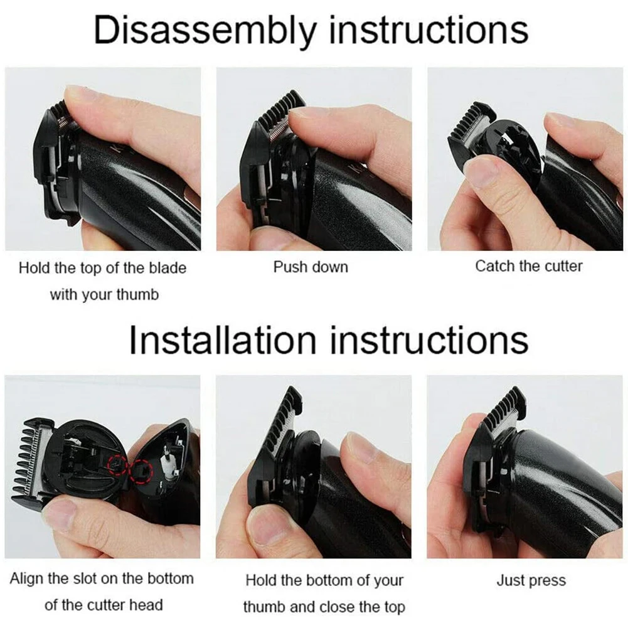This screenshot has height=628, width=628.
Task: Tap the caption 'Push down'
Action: pos(311,267)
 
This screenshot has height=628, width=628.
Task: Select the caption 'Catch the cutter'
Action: pos(528,266)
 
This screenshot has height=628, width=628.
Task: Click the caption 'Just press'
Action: pos(531,580)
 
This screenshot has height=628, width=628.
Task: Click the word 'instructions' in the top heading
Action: pos(428,29)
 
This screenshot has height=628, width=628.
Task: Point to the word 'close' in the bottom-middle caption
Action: pos(339,607)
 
